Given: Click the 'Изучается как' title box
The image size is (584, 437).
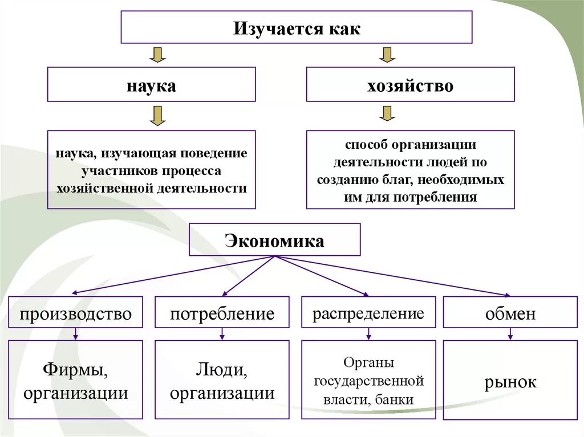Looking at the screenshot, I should click(x=297, y=27).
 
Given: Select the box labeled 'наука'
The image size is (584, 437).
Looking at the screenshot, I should click(x=151, y=85).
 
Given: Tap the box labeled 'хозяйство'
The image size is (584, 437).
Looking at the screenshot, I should click(x=410, y=85).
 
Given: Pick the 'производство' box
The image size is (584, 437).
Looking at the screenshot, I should click(x=76, y=312).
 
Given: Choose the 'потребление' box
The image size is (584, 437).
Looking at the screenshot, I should click(x=222, y=312).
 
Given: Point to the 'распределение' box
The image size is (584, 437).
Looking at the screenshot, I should click(x=368, y=312).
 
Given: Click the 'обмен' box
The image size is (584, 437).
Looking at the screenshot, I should click(x=510, y=312).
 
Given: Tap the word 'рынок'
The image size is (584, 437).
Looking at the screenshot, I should click(x=510, y=382).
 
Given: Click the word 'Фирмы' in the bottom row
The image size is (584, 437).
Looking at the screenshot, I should click(x=75, y=371).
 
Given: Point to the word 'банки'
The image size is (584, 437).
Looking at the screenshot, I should click(x=395, y=400).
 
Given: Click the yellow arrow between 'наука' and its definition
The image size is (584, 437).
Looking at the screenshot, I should click(x=157, y=115).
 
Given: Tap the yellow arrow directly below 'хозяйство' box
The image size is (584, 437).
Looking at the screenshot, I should click(x=387, y=113).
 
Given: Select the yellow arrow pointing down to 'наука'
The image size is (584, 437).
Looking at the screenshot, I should click(x=157, y=55).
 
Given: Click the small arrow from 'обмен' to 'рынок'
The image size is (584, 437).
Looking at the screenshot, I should click(x=510, y=334).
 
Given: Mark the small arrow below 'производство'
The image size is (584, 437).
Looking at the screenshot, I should click(x=76, y=334).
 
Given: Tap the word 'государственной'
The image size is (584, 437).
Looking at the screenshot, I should click(x=368, y=381).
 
